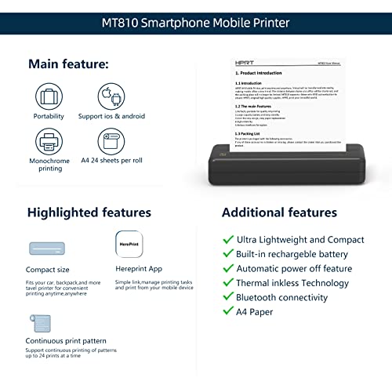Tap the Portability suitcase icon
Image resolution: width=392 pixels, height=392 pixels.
(49, 99)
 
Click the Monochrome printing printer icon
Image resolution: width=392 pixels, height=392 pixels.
(49, 142)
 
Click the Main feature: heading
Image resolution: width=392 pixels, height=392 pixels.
(68, 63)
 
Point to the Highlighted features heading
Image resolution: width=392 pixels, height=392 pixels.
(89, 212)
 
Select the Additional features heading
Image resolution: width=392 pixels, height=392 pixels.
(279, 212)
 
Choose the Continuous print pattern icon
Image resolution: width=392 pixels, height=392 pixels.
(40, 322)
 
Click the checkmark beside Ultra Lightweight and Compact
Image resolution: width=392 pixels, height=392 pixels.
(228, 240)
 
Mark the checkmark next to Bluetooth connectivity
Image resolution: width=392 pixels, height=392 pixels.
(228, 297)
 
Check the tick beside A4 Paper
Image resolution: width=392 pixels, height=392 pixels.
(228, 312)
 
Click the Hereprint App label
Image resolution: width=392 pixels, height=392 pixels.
(140, 268)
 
